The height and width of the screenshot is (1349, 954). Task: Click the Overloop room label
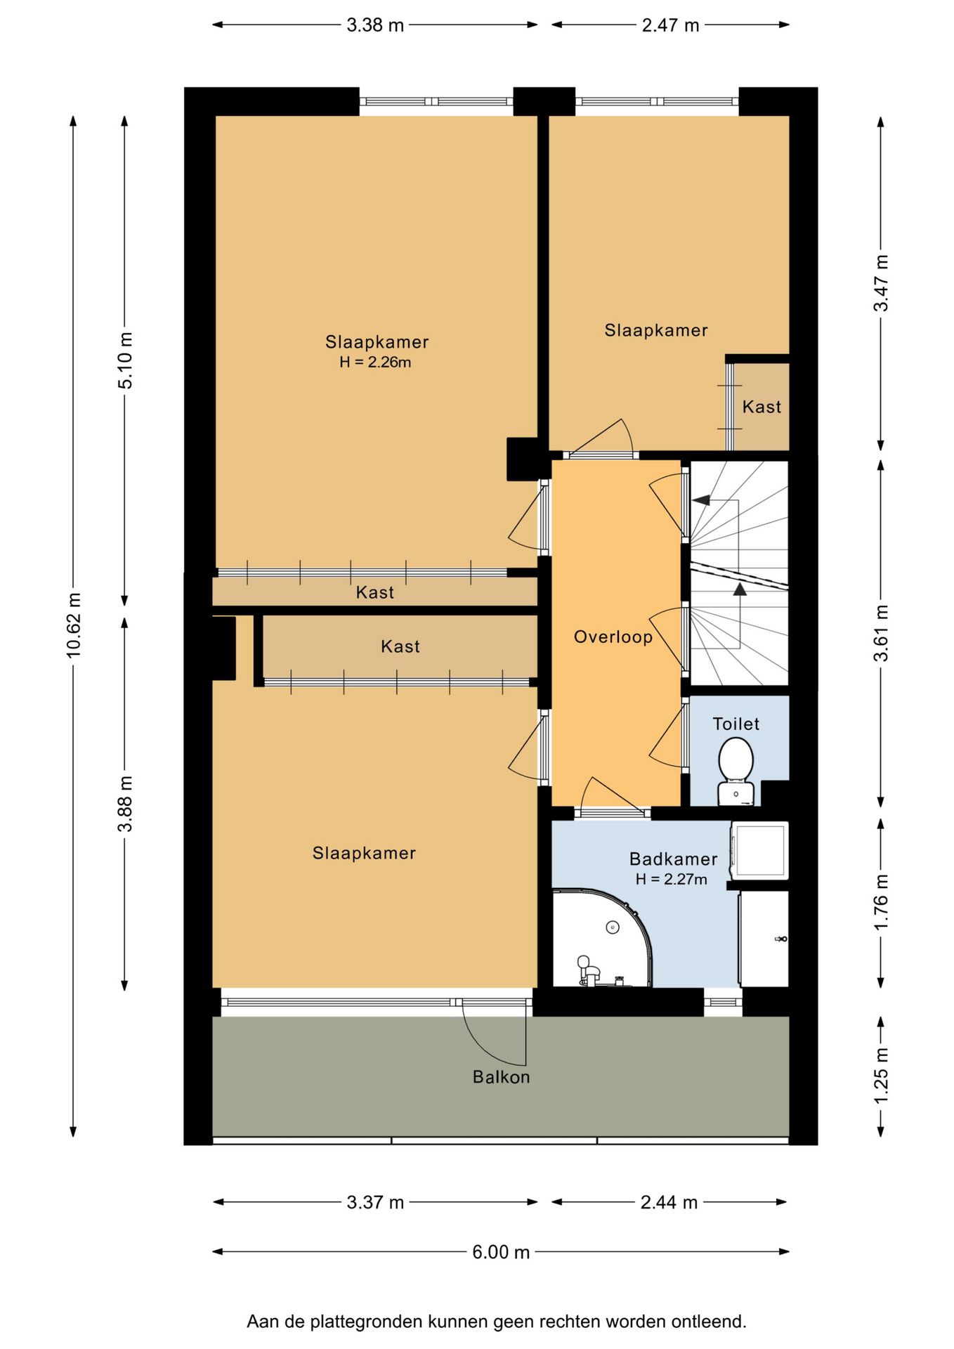[x=613, y=637]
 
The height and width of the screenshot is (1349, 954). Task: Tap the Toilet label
[x=736, y=724]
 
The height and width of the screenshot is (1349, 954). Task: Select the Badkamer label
[x=673, y=859]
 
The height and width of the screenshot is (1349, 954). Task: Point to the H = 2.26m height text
[x=375, y=363]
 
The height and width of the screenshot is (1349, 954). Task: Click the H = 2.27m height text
[x=671, y=879]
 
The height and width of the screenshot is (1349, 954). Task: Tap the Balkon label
[x=501, y=1077]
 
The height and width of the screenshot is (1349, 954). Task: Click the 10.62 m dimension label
[x=74, y=625]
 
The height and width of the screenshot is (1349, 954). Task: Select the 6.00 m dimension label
[x=501, y=1252]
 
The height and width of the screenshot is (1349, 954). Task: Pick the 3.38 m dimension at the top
[x=375, y=25]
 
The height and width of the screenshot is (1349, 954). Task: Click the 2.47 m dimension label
[x=670, y=25]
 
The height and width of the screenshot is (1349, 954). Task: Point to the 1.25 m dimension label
[x=881, y=1076]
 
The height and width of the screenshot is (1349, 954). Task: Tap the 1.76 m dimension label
[x=881, y=902]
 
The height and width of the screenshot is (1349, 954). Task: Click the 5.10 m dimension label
[x=125, y=360]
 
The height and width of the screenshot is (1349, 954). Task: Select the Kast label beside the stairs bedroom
[x=762, y=407]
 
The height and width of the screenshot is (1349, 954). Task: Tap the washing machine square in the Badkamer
[x=759, y=850]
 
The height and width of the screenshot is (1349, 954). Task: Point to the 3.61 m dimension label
[x=881, y=633]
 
